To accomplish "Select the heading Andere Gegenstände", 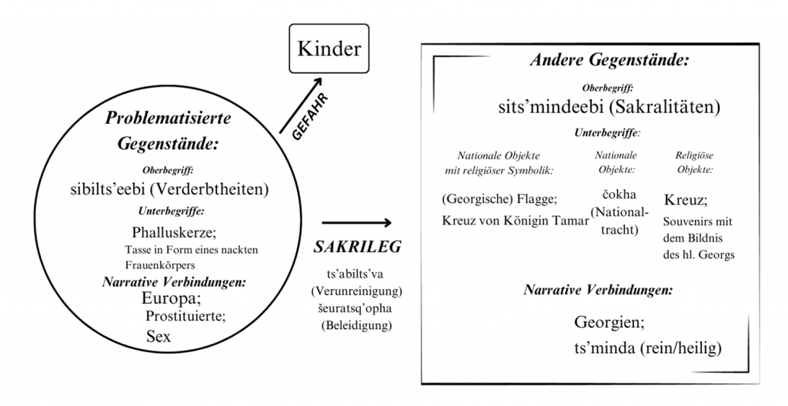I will tap(609, 60).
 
